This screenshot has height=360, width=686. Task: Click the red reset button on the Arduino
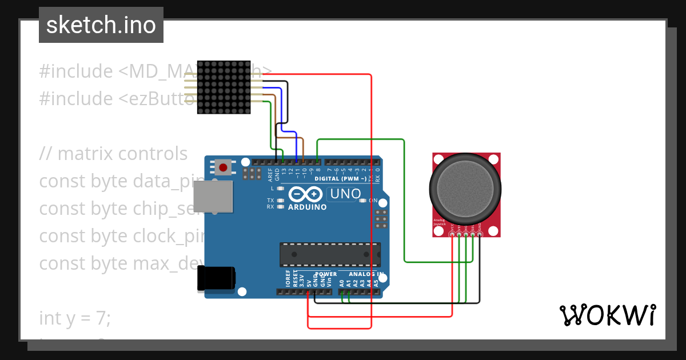[224, 168]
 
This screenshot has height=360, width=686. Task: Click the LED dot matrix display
[224, 87]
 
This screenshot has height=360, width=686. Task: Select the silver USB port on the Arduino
[213, 197]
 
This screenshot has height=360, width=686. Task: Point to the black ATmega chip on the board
[330, 254]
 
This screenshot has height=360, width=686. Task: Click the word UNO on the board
[345, 194]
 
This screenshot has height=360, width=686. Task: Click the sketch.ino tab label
[101, 25]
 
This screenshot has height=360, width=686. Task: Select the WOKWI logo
[607, 315]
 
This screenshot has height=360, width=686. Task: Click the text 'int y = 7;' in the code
[75, 318]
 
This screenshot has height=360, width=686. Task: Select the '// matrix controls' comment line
[113, 154]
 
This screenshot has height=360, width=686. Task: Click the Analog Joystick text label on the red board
[438, 222]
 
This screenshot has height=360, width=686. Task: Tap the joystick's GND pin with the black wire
[480, 234]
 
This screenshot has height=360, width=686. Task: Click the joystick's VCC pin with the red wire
[453, 234]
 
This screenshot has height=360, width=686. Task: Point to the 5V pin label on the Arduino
[309, 282]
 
